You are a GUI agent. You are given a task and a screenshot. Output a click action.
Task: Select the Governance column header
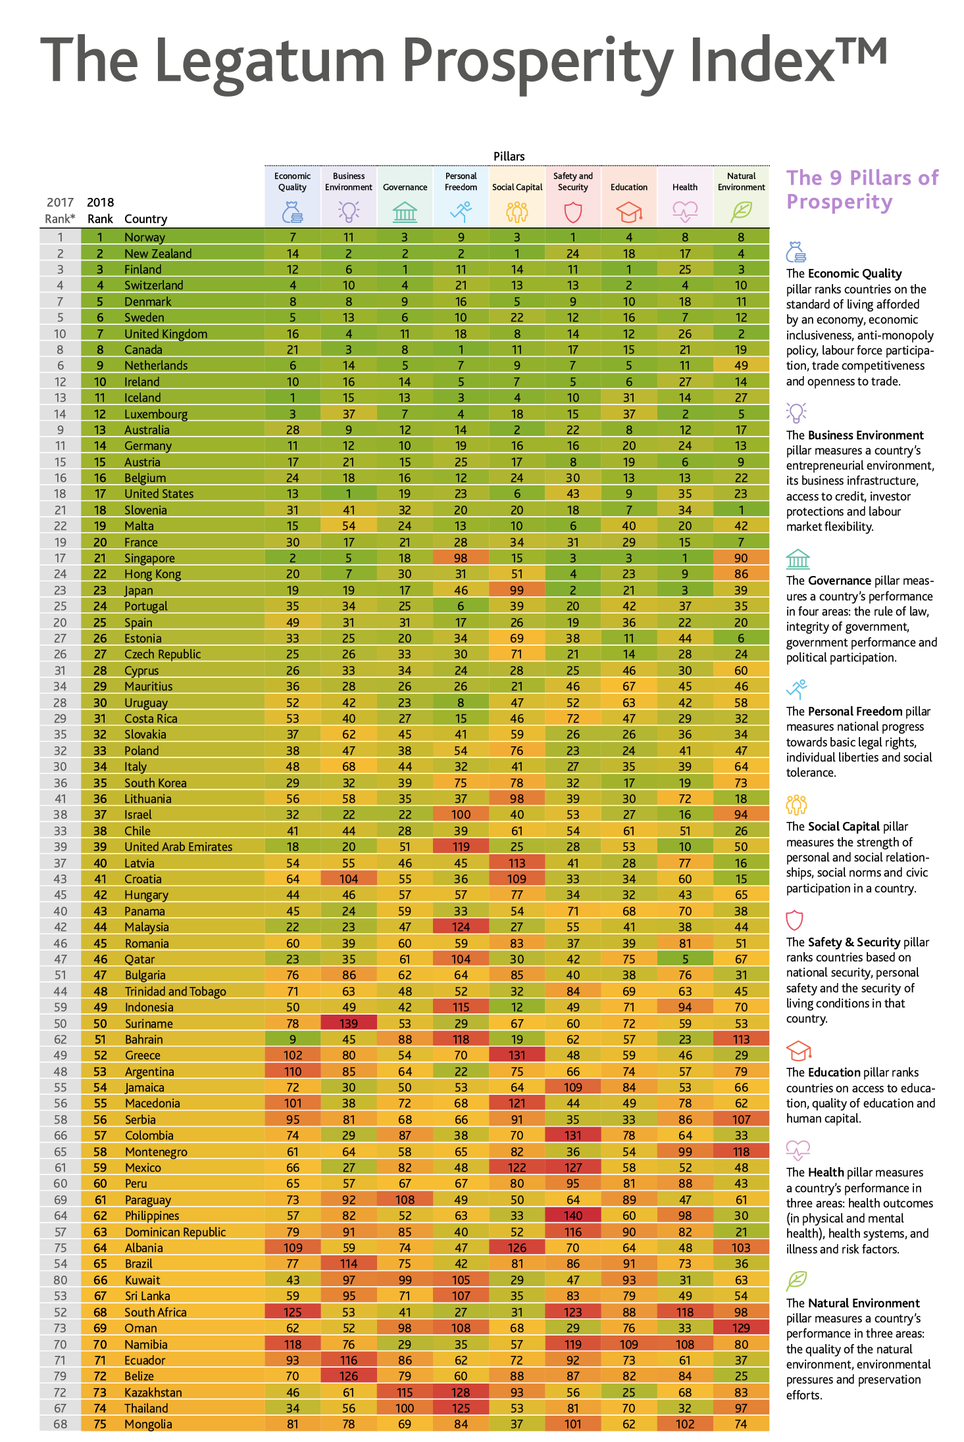[x=405, y=187]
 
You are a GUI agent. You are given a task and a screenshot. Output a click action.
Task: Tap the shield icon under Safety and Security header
[x=573, y=212]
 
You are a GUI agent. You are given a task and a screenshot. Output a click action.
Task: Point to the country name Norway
[x=145, y=237]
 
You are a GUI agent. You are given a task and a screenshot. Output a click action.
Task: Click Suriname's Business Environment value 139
[x=349, y=1023]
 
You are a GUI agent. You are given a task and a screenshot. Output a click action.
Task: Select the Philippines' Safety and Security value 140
[x=573, y=1216]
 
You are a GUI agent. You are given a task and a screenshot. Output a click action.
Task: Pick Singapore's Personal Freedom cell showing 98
[x=461, y=558]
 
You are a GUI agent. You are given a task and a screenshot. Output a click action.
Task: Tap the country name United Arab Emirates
[x=178, y=847]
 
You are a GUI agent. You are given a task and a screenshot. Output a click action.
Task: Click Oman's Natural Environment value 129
[x=741, y=1328]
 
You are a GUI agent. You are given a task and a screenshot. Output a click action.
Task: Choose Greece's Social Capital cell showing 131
[x=517, y=1055]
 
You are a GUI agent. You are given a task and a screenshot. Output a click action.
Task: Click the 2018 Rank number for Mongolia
[x=100, y=1424]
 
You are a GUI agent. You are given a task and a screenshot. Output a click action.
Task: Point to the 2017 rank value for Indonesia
[x=60, y=1007]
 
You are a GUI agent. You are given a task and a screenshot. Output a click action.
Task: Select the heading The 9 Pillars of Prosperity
[x=863, y=189]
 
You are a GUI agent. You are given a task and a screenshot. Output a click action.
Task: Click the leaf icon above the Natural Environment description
[x=797, y=1280]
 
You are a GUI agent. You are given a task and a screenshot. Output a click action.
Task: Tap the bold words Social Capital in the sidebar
[x=844, y=827]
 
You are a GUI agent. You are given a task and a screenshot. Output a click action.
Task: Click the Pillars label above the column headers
[x=509, y=156]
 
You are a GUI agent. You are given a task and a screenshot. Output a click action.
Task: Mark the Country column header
[x=145, y=219]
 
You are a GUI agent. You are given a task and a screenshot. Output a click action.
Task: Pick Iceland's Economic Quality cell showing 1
[x=293, y=398]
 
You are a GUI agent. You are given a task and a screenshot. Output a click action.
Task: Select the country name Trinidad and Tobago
[x=175, y=992]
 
